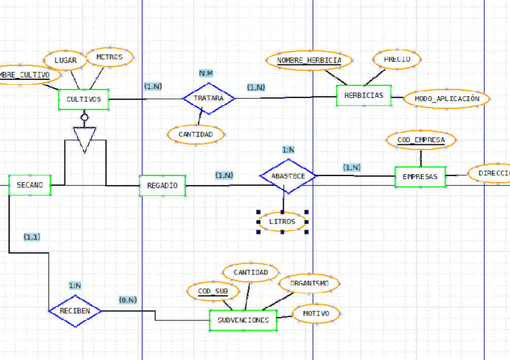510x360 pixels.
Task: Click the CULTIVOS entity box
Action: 84,100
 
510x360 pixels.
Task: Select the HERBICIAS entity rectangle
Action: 364,96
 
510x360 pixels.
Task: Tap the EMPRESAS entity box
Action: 420,177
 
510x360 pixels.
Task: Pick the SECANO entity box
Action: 29,185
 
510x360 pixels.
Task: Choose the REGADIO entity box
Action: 162,186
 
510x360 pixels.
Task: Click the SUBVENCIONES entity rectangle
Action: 243,320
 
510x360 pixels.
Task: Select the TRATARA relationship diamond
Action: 209,98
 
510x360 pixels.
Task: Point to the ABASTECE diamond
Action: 288,176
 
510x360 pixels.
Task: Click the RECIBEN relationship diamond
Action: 75,311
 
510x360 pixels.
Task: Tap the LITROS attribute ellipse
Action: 282,222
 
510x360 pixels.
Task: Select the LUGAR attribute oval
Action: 66,60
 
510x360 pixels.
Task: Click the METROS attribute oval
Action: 109,58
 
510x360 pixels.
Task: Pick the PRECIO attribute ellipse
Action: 396,59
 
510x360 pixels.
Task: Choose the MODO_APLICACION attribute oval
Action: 447,99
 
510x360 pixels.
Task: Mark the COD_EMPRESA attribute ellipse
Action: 421,140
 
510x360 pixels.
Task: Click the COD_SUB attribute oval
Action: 213,291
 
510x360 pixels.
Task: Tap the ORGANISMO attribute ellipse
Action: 309,282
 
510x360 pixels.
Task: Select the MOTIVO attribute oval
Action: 316,313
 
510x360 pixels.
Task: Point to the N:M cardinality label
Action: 206,73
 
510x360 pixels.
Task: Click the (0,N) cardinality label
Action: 127,299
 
